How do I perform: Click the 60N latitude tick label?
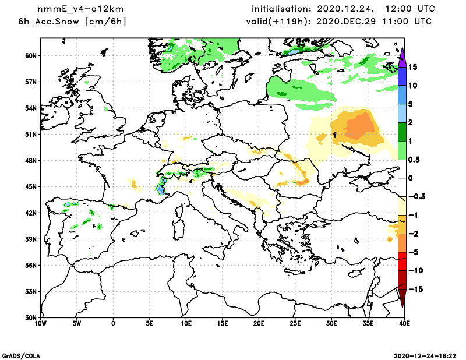pos(31,55)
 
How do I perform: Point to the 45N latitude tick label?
pos(31,186)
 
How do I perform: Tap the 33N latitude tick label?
pos(31,291)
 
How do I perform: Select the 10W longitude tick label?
pos(40,323)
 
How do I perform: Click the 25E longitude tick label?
pos(295,323)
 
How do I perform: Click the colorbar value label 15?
pos(412,67)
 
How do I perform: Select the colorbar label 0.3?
pos(414,160)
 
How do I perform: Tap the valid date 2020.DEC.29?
pos(347,22)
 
